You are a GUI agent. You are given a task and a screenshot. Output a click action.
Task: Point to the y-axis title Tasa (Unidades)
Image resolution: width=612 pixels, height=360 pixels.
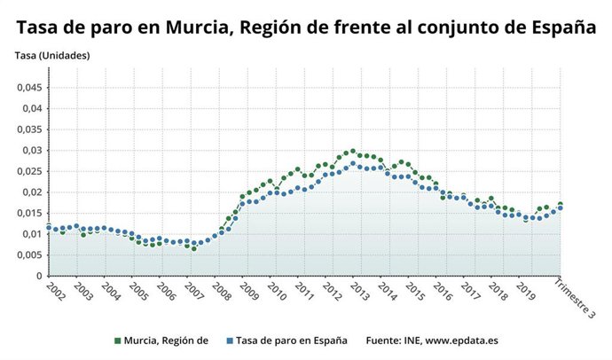tap(52, 56)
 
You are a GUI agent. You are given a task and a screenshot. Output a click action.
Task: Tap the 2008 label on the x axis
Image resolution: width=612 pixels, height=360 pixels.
tap(218, 290)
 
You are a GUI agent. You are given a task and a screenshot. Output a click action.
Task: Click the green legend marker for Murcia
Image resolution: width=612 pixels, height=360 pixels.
tap(119, 340)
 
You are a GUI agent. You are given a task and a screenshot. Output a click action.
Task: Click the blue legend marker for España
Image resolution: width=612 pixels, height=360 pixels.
tap(229, 340)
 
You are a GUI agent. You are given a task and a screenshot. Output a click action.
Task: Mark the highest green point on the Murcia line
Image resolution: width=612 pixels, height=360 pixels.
tap(353, 151)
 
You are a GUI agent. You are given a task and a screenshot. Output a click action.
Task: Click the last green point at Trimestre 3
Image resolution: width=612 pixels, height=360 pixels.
tap(560, 205)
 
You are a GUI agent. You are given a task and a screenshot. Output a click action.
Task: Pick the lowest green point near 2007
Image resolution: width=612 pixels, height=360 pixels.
tap(193, 248)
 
